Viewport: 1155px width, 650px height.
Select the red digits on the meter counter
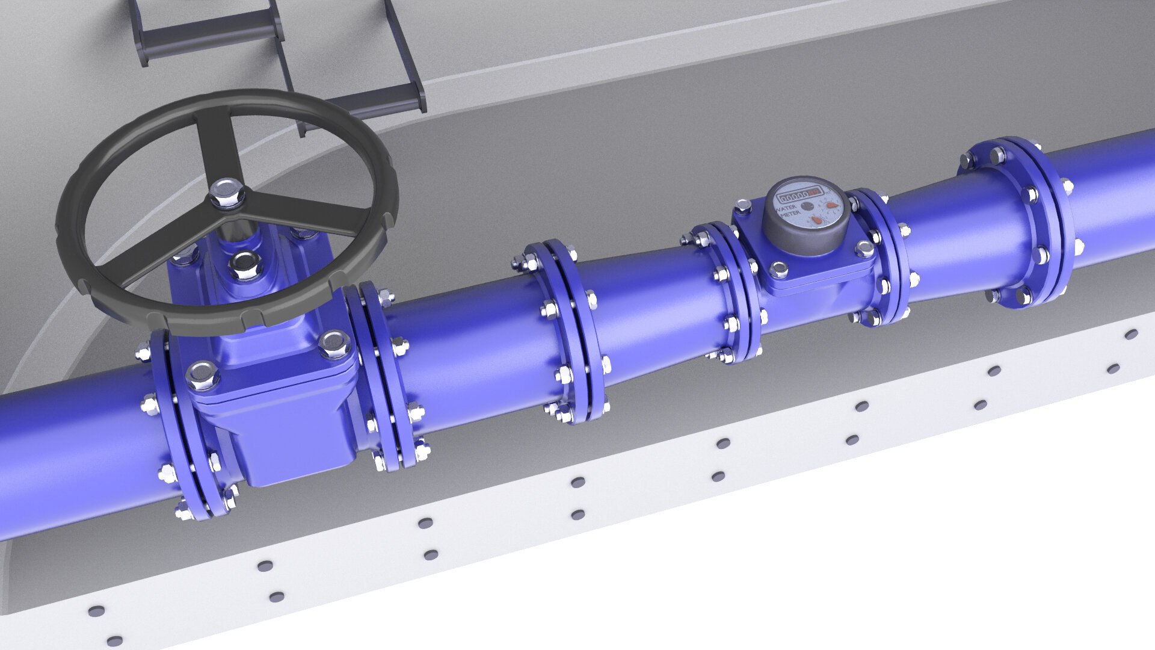point(814,193)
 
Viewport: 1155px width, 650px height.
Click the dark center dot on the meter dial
point(807,206)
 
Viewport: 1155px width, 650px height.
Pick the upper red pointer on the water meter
point(832,205)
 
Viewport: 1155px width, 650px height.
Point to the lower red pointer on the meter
point(816,220)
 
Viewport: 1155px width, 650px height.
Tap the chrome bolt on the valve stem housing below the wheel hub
point(245,265)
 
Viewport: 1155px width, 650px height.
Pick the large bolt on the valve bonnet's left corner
point(202,376)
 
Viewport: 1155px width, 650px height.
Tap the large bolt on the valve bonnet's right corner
point(334,344)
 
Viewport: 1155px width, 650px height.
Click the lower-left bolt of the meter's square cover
point(778,270)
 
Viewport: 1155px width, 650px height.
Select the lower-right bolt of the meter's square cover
point(865,249)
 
